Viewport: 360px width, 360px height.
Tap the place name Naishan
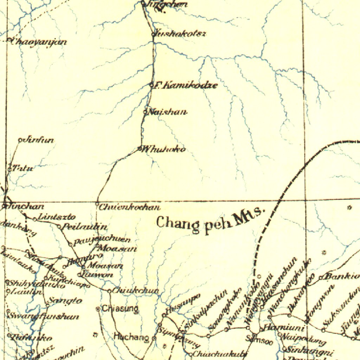pos(167,112)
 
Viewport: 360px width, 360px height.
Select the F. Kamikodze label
pos(186,85)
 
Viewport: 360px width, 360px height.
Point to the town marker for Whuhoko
pos(139,149)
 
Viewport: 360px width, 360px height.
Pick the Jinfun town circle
pos(20,140)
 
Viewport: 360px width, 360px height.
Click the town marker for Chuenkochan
pos(97,204)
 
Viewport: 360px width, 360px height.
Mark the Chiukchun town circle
pos(109,291)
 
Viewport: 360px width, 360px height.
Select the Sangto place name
pos(65,301)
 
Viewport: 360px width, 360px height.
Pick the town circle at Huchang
pos(154,338)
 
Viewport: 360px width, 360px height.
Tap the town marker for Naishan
pos(145,112)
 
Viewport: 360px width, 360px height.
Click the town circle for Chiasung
pos(98,309)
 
